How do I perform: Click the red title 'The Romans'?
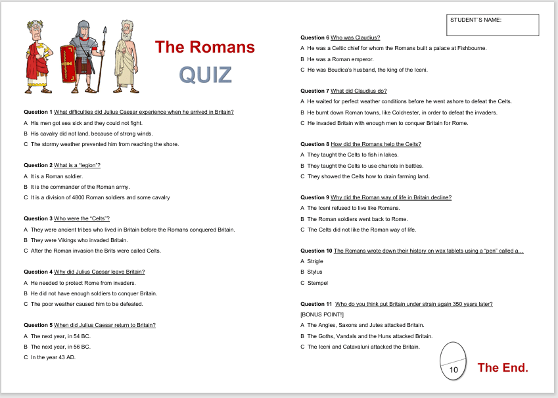(204, 47)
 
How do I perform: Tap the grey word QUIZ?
(205, 75)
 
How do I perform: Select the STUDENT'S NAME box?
(492, 25)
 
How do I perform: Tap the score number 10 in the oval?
(453, 370)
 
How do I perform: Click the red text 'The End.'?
(503, 368)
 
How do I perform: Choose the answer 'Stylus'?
(315, 272)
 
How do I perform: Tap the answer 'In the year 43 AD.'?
(53, 357)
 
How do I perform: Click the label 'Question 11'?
(315, 304)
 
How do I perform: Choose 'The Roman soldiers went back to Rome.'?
(357, 219)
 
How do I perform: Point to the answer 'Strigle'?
(315, 261)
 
